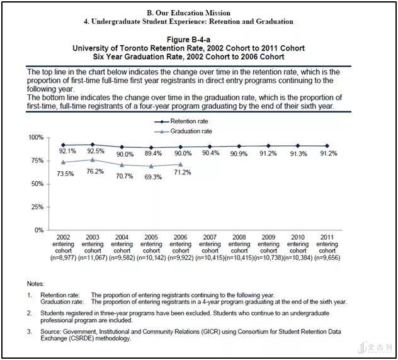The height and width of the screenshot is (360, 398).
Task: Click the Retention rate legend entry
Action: [181, 121]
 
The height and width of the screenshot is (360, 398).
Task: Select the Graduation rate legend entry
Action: [183, 132]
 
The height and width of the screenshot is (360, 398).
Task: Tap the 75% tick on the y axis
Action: [37, 160]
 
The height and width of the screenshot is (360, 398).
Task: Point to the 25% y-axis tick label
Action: [37, 207]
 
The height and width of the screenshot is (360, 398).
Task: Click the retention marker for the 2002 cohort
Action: [63, 145]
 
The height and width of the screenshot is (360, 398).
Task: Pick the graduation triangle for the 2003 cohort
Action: [93, 160]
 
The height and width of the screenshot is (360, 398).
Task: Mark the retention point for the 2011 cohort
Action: [327, 146]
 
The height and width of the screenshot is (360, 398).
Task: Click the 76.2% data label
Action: [95, 171]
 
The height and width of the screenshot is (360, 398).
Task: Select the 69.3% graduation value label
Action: [153, 177]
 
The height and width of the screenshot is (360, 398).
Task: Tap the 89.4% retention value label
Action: [153, 153]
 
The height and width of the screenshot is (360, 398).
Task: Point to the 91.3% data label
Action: [298, 154]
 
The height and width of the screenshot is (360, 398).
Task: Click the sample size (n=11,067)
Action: [93, 258]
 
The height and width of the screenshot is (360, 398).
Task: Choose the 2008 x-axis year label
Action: [239, 237]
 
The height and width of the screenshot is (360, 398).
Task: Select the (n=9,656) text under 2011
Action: [327, 258]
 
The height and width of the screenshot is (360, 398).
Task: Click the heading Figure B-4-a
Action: [188, 40]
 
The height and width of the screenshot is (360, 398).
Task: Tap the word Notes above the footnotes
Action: [35, 284]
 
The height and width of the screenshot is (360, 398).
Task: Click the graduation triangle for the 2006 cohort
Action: [181, 165]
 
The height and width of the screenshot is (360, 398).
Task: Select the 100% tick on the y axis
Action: [36, 137]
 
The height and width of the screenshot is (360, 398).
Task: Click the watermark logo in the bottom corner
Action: [375, 347]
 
